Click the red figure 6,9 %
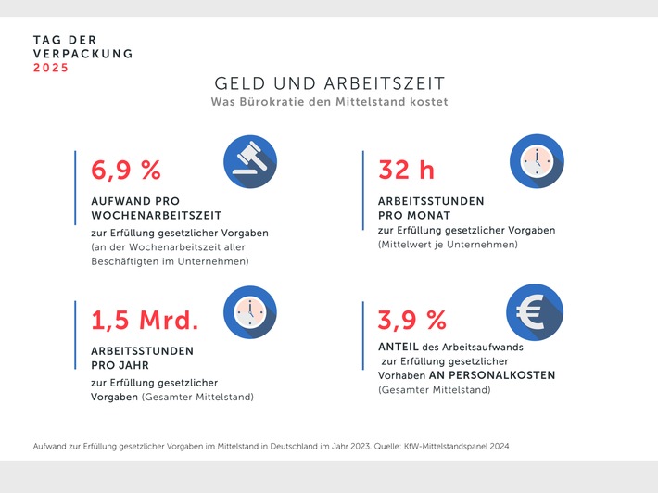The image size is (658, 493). [x=126, y=170]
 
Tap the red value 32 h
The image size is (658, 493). [x=408, y=170]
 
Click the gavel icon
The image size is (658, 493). [x=250, y=161]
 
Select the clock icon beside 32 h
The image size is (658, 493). [x=537, y=161]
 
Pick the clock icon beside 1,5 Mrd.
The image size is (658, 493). [x=250, y=312]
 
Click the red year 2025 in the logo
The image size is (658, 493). [x=51, y=68]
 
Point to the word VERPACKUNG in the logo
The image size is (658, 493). [x=82, y=54]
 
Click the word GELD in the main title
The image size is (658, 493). [x=239, y=83]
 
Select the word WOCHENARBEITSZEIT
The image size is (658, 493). [x=146, y=215]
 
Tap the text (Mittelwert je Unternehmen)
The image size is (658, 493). [x=447, y=245]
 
